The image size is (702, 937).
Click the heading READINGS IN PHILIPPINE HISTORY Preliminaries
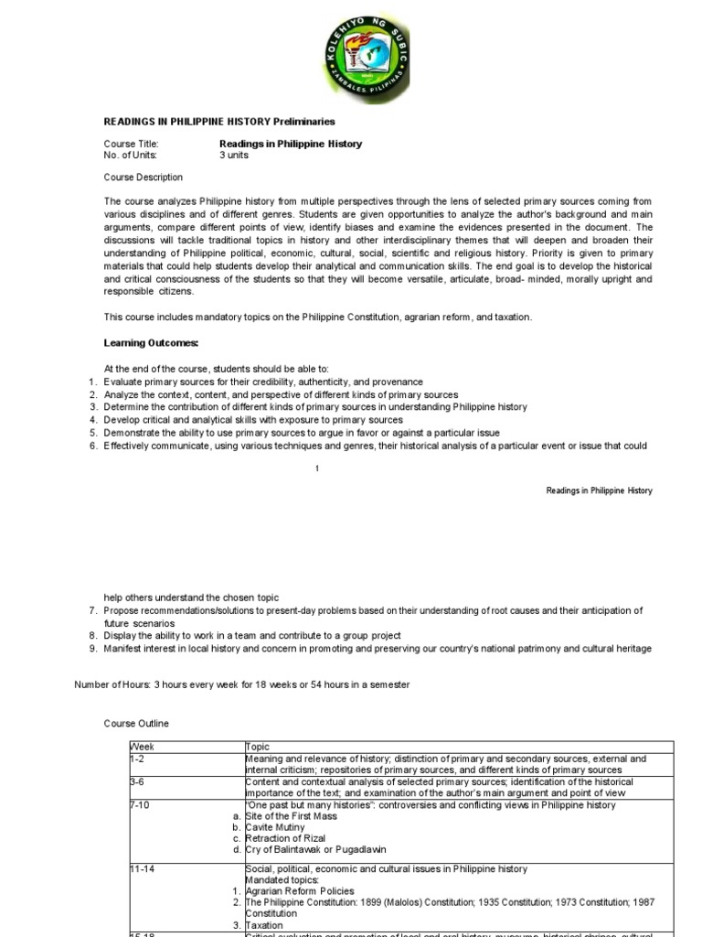[x=218, y=121]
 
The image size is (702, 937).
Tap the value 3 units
[x=234, y=155]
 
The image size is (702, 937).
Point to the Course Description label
[x=143, y=178]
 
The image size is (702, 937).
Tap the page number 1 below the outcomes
[x=316, y=468]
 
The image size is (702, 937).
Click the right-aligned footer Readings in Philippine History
[x=599, y=490]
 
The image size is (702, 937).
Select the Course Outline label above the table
[x=136, y=724]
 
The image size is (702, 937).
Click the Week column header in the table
[x=143, y=747]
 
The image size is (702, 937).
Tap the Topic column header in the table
[x=258, y=747]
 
